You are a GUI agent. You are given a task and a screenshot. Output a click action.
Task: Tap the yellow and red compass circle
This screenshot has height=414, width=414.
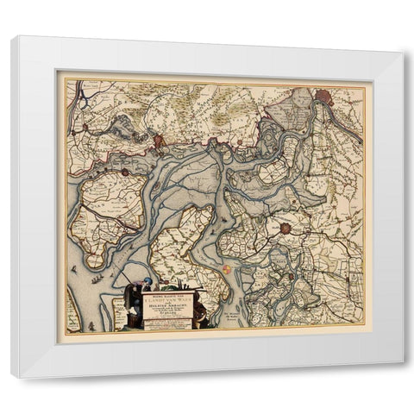(x=225, y=270)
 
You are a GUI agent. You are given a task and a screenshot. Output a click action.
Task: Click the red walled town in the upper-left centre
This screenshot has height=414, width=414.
(x=159, y=141)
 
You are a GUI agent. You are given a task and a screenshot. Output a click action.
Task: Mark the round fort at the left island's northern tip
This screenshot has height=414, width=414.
(x=124, y=172)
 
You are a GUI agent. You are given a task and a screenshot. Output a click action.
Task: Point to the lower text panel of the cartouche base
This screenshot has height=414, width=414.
(x=166, y=326)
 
